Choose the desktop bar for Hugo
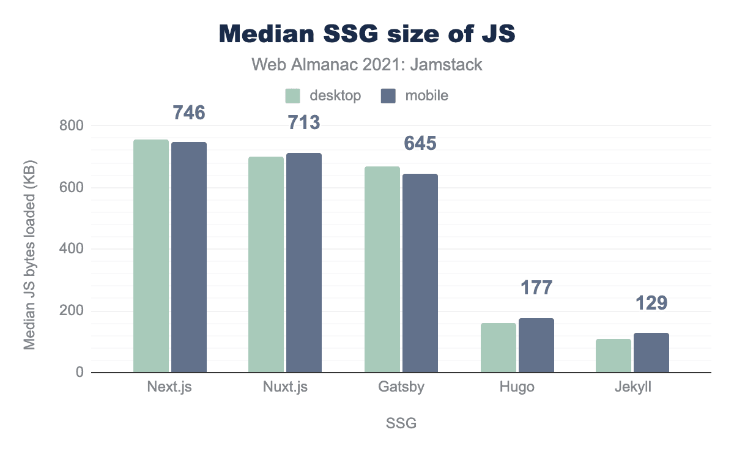click(499, 348)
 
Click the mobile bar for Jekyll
click(651, 352)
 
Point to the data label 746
click(188, 112)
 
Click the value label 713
click(304, 123)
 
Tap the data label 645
click(420, 144)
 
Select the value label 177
click(536, 288)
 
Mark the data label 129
click(651, 303)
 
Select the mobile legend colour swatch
click(389, 95)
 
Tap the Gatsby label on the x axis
click(401, 388)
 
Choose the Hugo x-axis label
click(517, 388)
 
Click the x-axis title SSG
click(401, 423)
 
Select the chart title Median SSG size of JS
click(367, 34)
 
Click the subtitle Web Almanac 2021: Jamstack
click(367, 64)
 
